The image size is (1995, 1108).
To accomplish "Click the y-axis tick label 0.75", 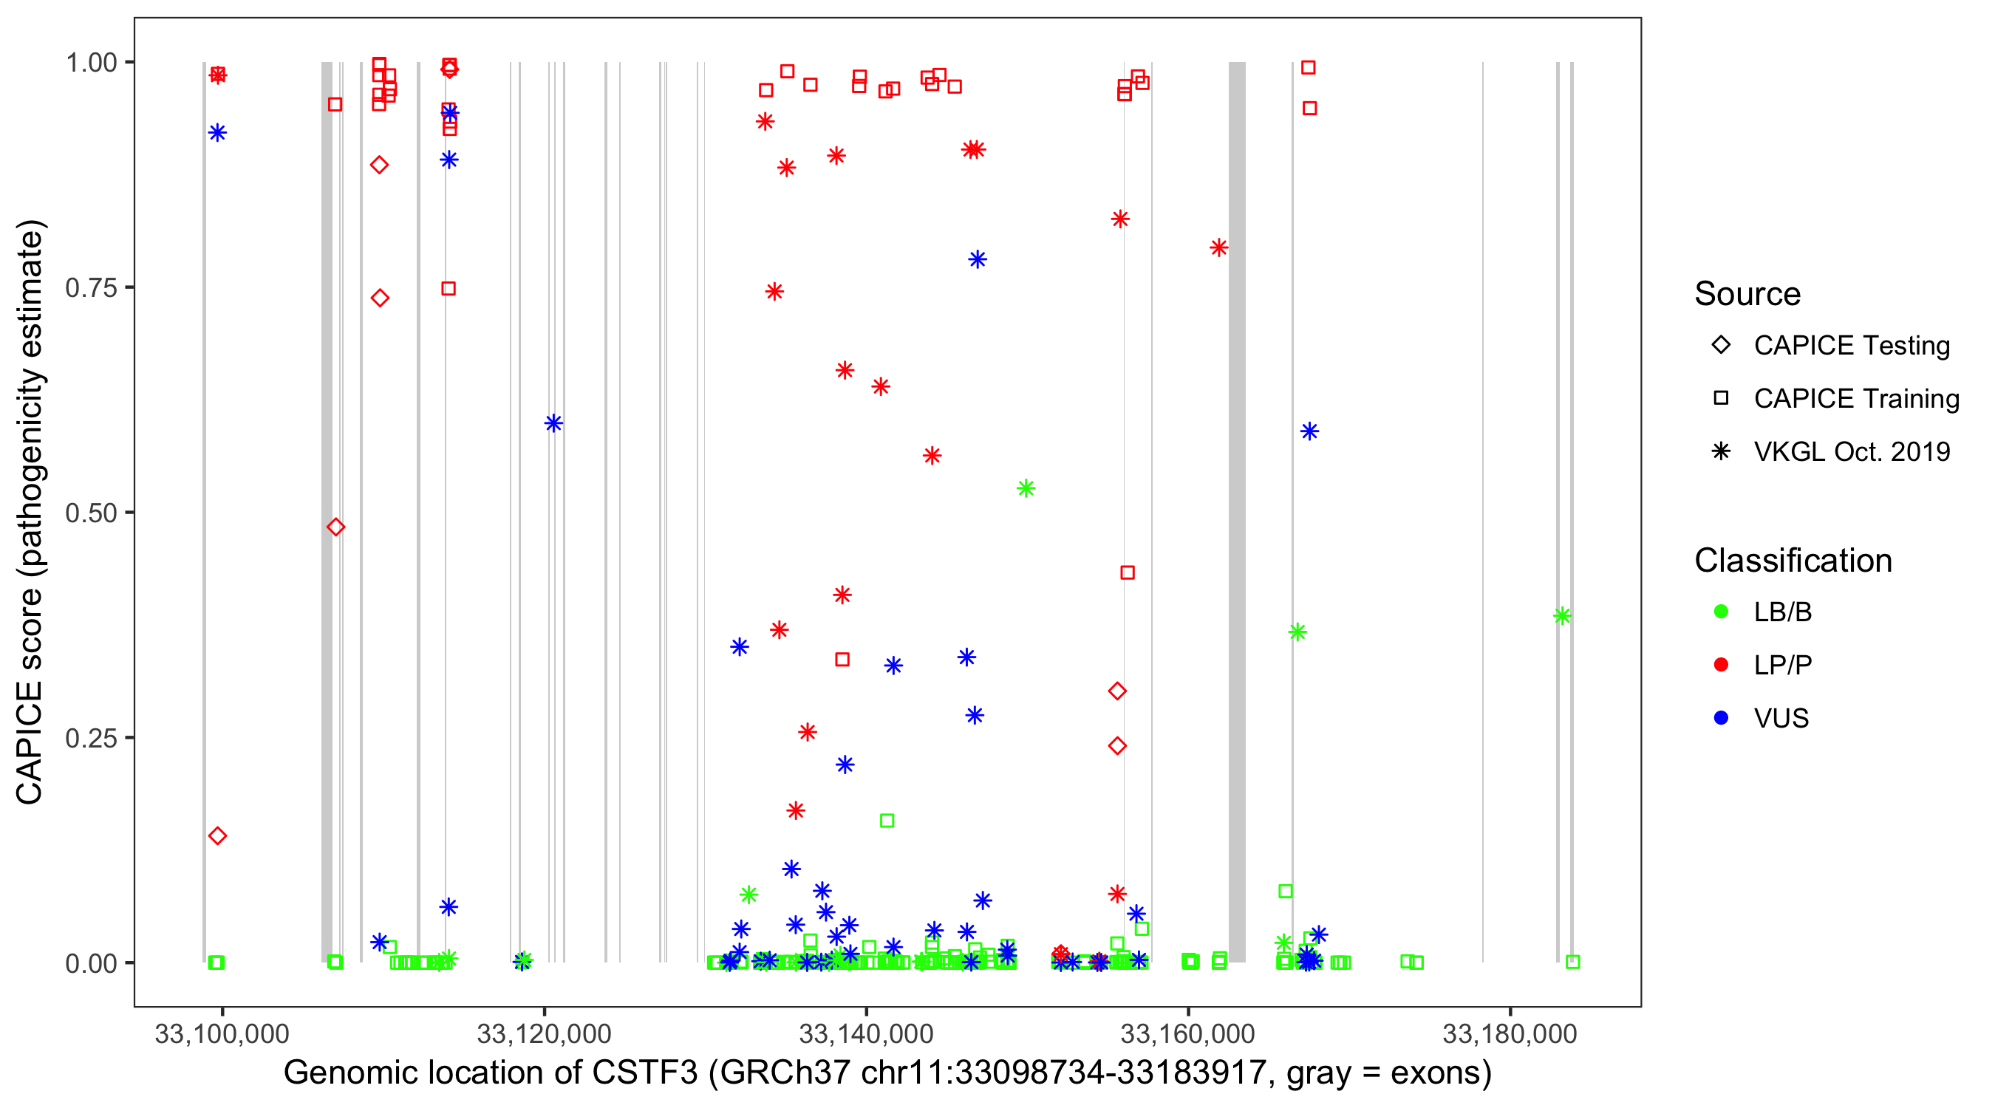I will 90,288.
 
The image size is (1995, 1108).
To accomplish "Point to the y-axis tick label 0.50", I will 90,513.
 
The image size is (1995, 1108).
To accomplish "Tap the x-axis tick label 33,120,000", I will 544,1033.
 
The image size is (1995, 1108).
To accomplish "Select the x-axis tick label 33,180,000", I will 1510,1033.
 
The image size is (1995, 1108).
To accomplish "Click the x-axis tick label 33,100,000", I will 222,1033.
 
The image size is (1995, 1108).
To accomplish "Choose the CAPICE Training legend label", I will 1855,399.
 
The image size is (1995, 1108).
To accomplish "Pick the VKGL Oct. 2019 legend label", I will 1851,451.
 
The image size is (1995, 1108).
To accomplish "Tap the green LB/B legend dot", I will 1721,612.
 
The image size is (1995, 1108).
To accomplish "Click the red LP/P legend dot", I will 1721,665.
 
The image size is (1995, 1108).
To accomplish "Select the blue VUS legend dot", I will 1721,718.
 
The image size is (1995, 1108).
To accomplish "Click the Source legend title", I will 1747,294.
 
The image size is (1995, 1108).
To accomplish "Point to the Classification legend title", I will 1793,561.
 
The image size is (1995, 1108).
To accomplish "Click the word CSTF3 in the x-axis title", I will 645,1073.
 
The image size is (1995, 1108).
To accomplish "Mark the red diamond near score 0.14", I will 218,836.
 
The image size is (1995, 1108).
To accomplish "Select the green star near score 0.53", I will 1026,488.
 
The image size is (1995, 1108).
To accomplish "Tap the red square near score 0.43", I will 1128,573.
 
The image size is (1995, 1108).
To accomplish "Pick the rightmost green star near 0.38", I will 1561,616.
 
